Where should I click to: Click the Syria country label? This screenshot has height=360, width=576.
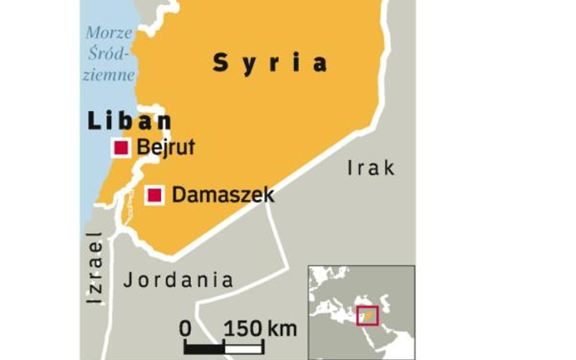pos(270,63)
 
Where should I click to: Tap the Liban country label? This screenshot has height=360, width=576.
pos(129,121)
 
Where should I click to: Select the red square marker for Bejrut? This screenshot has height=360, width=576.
pos(121,148)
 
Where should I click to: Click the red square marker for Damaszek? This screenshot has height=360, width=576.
pos(155,195)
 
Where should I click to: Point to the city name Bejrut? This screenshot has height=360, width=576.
pos(166,148)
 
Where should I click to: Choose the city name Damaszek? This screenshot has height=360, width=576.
pos(223,195)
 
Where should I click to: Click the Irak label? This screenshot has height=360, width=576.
pos(371,168)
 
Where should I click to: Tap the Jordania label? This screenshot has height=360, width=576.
pos(178,280)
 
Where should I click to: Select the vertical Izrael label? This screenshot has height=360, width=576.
pos(94,268)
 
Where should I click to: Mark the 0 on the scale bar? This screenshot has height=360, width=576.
pos(185,329)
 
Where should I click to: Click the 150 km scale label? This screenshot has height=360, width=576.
pos(261,329)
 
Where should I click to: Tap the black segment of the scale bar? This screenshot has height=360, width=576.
pos(204,348)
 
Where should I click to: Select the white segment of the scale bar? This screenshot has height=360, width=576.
pos(244,348)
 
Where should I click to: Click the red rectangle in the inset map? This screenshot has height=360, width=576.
pos(367,316)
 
